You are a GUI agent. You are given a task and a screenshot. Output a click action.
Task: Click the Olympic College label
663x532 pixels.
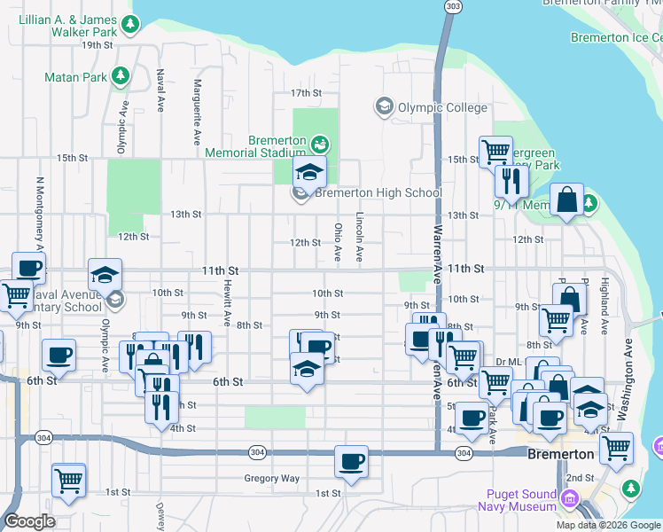tap(441, 108)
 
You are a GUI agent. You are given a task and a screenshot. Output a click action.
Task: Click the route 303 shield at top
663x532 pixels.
tap(454, 6)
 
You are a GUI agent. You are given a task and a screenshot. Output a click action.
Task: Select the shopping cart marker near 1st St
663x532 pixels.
tap(68, 481)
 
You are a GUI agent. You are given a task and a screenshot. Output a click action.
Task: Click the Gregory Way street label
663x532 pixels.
tap(272, 478)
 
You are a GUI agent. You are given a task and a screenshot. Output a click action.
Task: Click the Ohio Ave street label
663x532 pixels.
tap(338, 241)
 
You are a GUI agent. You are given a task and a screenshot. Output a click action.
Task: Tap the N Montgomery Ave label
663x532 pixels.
tap(40, 213)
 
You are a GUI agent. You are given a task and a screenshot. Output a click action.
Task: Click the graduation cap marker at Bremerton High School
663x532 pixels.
tap(309, 171)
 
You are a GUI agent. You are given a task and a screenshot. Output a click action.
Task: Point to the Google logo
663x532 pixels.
tap(29, 521)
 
